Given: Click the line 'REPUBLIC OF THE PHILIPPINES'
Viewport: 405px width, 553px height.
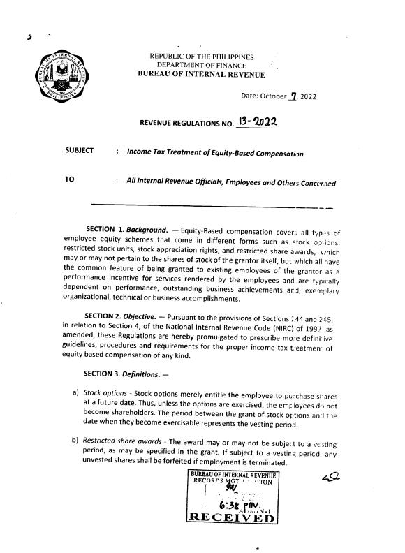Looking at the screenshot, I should pos(202,57).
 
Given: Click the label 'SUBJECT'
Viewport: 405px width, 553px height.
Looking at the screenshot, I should pos(79,151).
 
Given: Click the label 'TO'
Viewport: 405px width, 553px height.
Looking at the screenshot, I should pos(69,179).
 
